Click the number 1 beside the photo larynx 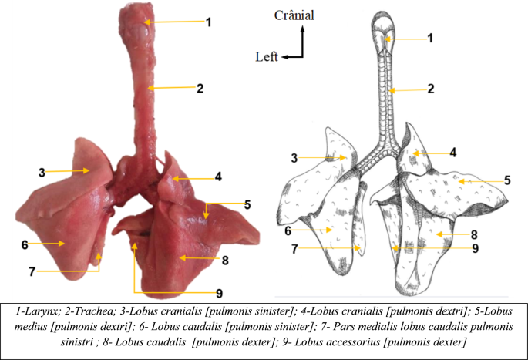[208, 22]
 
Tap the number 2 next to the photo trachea [199, 89]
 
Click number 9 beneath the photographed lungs [220, 293]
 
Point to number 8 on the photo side [224, 260]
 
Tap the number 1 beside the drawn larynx [431, 38]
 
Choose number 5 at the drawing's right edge [507, 180]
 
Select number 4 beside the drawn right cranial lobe [453, 153]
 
